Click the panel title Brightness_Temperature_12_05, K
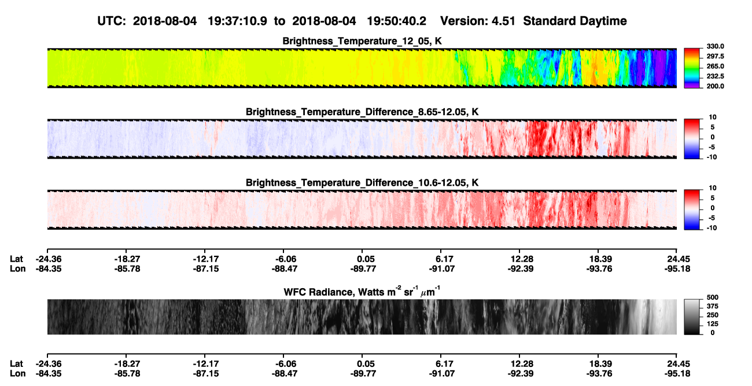(362, 41)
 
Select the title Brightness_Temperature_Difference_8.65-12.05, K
(362, 112)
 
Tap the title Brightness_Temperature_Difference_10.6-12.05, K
(362, 183)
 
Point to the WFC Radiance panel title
(362, 292)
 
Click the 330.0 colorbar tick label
(715, 46)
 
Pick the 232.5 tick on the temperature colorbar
(715, 76)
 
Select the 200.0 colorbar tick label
(715, 86)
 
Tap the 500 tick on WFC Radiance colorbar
(713, 297)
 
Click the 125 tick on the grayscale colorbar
(713, 324)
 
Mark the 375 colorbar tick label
(713, 306)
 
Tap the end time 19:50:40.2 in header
(396, 21)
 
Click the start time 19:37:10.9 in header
(237, 21)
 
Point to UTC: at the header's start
(112, 21)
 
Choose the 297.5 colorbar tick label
(715, 57)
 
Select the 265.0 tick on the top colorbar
(715, 67)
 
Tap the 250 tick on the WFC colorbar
(713, 315)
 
